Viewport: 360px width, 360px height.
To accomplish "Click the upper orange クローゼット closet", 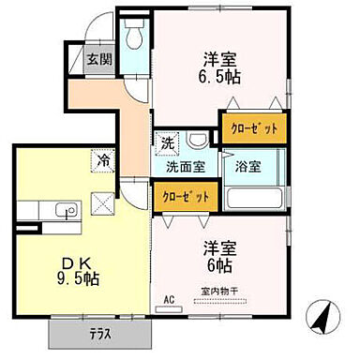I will tap(253, 126).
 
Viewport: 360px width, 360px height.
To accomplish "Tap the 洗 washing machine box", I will tap(166, 144).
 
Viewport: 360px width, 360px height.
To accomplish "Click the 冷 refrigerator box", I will tap(102, 160).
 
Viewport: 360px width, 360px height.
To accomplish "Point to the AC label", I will tap(170, 301).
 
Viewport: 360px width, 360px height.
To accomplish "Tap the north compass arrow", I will tap(325, 320).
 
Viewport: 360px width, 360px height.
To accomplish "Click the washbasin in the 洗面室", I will tap(198, 142).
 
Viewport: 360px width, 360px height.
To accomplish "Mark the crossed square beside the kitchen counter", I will tap(102, 198).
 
